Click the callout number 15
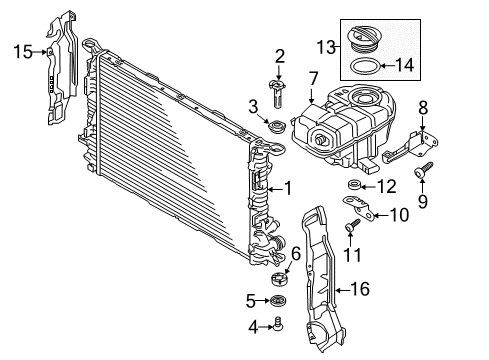(x=23, y=52)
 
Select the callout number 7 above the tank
(x=313, y=79)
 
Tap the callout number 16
(x=360, y=289)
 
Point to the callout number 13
(x=326, y=47)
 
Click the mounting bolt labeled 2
(x=278, y=93)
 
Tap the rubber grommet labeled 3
(x=276, y=127)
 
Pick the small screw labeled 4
(x=278, y=324)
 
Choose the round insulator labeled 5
(x=278, y=301)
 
